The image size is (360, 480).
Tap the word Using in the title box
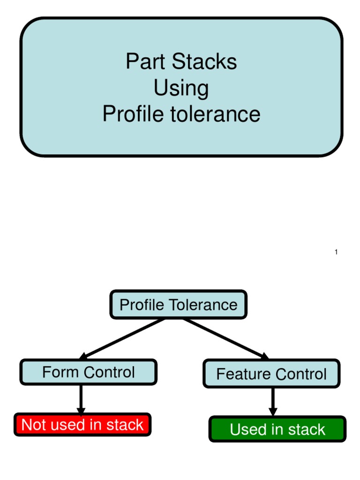[x=181, y=88]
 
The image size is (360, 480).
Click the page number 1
[x=336, y=253]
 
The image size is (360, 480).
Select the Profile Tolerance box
[x=178, y=305]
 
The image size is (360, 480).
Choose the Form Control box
[x=88, y=372]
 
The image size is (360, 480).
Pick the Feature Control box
[x=271, y=374]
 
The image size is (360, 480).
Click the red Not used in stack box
[x=82, y=425]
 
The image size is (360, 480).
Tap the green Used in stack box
[x=277, y=429]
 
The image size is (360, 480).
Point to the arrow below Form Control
[x=81, y=399]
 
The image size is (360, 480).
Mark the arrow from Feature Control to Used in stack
[x=273, y=402]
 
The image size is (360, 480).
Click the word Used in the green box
[x=248, y=429]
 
